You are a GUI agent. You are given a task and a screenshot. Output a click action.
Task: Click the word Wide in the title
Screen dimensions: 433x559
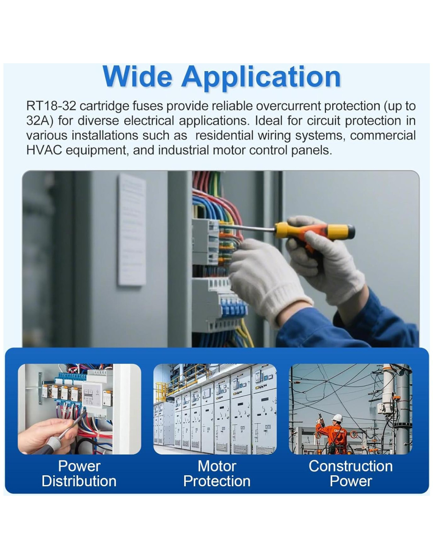coord(137,76)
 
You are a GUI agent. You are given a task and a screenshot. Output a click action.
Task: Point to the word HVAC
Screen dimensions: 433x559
coord(44,150)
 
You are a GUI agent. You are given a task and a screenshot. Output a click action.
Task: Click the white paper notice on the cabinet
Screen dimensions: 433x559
coord(132,230)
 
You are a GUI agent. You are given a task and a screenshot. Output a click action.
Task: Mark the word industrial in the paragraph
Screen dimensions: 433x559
coord(183,150)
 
